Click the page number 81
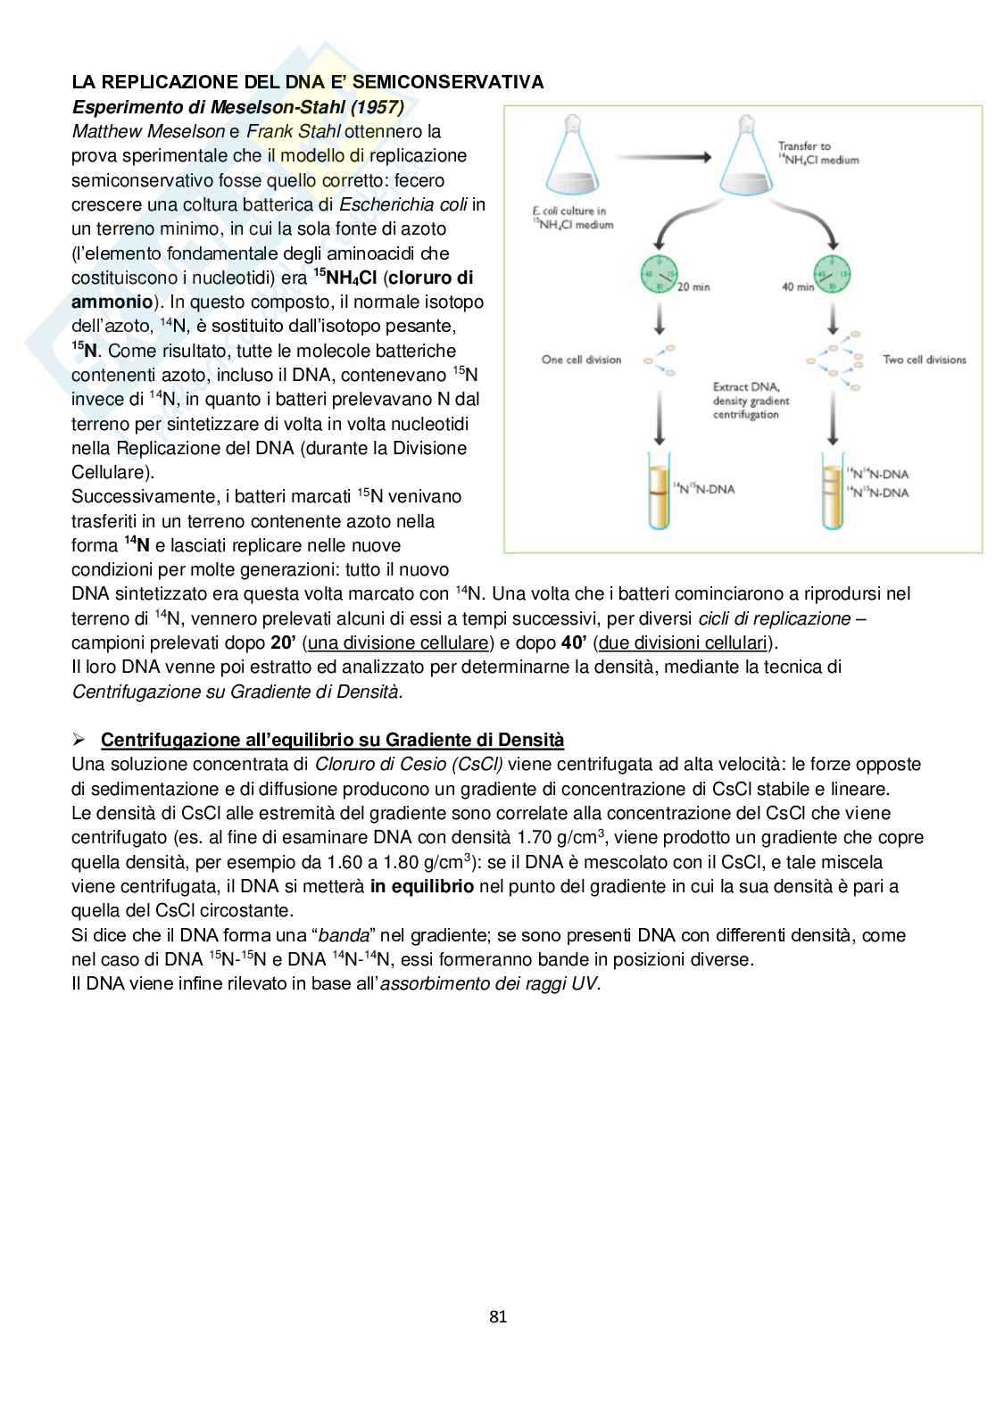tap(498, 1316)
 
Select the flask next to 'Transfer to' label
tap(746, 161)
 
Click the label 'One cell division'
tap(581, 360)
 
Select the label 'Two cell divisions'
tap(924, 360)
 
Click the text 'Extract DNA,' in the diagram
tap(747, 387)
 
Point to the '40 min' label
tap(798, 286)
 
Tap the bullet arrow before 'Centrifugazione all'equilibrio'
tap(79, 741)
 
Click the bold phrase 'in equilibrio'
tap(422, 887)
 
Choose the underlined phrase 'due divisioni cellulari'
tap(682, 643)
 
